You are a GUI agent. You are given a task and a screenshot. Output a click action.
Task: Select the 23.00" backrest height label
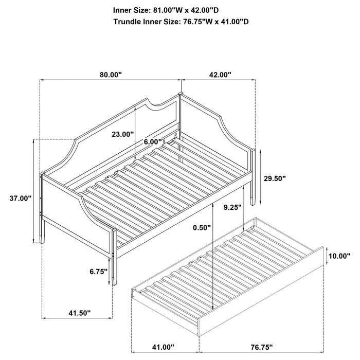(x=122, y=134)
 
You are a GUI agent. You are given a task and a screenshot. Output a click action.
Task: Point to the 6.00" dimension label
(x=153, y=141)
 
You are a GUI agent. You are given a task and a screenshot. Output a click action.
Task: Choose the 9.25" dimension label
(x=233, y=208)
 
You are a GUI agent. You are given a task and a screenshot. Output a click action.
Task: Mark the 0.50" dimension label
(x=199, y=227)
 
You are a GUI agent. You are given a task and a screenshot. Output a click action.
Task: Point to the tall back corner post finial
(x=180, y=94)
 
